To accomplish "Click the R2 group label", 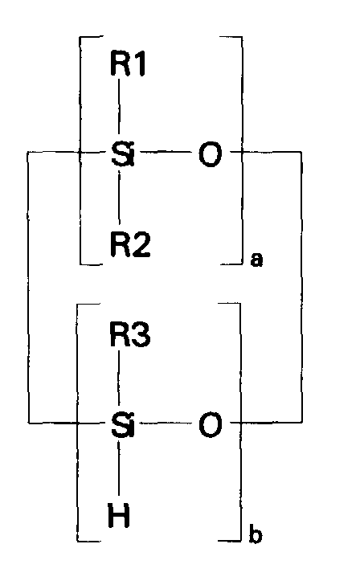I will [129, 241].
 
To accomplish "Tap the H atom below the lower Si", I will [120, 513].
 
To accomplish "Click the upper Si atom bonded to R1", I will [122, 153].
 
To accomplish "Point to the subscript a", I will [256, 261].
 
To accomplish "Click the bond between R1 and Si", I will [120, 108].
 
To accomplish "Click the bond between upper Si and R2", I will [120, 197].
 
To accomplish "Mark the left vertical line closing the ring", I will [28, 286].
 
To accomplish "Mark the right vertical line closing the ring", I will [301, 286].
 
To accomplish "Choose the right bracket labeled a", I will [241, 149].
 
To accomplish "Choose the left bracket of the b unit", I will [78, 421].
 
